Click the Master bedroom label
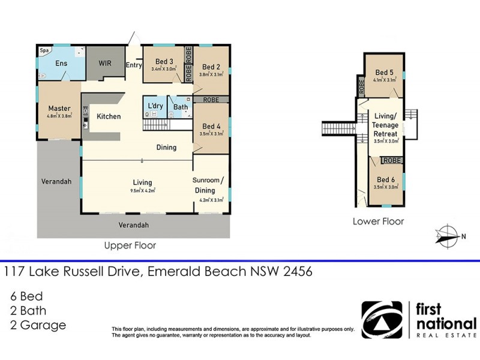pos(59,109)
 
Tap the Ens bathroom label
pos(61,64)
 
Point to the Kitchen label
pos(109,116)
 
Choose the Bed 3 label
pos(164,61)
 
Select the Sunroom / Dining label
pos(208,185)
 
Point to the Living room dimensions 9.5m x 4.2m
pos(143,191)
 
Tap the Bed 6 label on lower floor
pos(386,179)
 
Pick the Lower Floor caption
pos(378,221)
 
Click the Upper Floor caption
pos(130,245)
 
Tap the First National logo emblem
pos(382,320)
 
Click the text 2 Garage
pos(37,326)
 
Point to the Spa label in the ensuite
pos(44,51)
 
